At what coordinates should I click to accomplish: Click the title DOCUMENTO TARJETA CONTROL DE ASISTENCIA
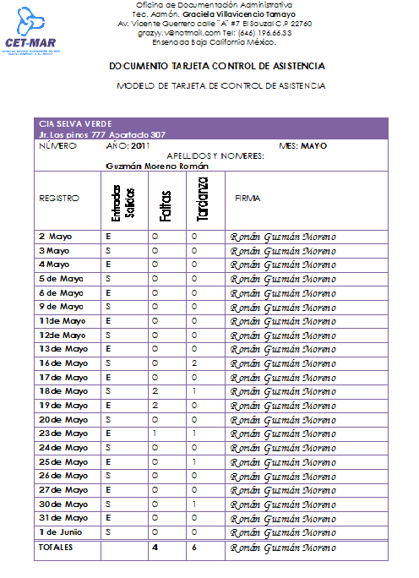217,66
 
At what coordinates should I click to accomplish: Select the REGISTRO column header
59,198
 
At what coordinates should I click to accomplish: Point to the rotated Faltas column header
166,204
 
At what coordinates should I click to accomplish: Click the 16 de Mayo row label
63,363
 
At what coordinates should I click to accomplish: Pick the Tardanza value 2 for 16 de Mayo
194,363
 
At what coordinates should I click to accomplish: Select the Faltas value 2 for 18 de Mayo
155,391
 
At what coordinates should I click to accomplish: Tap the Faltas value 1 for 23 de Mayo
155,433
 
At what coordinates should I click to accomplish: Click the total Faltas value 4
155,548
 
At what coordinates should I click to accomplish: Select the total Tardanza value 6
194,548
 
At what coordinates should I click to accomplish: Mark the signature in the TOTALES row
282,548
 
